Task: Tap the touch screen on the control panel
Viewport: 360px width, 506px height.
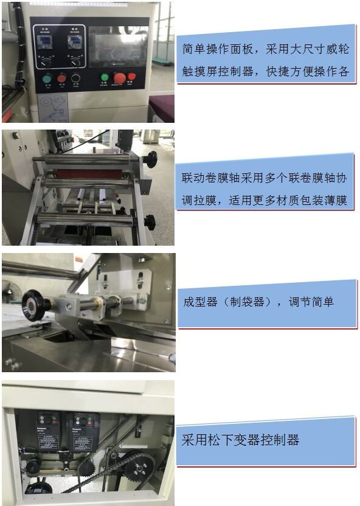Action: click(x=119, y=47)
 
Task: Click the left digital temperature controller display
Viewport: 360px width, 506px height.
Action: click(x=43, y=41)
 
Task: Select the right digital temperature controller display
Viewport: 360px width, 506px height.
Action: click(x=75, y=41)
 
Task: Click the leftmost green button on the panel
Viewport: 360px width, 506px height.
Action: click(x=47, y=78)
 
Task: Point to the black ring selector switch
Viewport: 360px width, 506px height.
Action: click(x=76, y=78)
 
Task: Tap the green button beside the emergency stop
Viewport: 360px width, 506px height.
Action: click(x=105, y=77)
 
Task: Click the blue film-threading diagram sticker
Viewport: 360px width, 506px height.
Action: click(x=52, y=108)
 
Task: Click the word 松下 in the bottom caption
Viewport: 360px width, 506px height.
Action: click(x=220, y=440)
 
